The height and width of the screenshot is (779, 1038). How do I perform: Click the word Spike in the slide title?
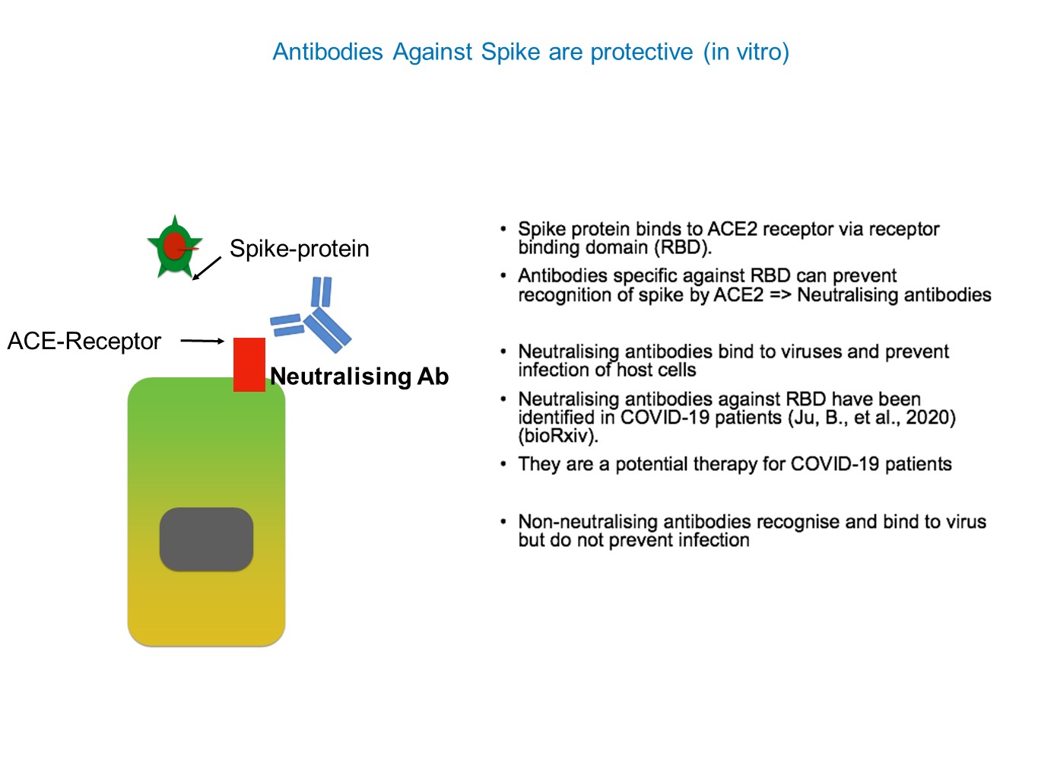point(510,52)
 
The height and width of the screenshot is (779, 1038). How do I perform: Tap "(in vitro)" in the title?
point(746,52)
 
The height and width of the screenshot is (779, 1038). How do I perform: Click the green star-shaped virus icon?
point(175,246)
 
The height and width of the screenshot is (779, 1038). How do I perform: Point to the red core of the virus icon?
point(174,246)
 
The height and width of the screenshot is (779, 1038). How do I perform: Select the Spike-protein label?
point(300,249)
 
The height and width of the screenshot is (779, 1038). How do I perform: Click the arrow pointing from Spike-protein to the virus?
point(207,269)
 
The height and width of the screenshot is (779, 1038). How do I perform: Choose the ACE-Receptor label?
point(84,341)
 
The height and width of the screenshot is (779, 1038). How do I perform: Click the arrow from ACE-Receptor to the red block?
point(202,341)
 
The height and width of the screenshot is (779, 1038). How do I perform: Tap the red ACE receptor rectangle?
point(249,364)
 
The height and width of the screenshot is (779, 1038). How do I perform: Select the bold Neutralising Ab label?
point(360,377)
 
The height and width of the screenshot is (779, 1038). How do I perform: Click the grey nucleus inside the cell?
point(206,539)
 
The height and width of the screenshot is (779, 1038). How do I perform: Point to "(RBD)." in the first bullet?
point(683,247)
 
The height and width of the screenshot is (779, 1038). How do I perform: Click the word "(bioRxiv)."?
point(558,436)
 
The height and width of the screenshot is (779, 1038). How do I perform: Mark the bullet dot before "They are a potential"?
point(503,465)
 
